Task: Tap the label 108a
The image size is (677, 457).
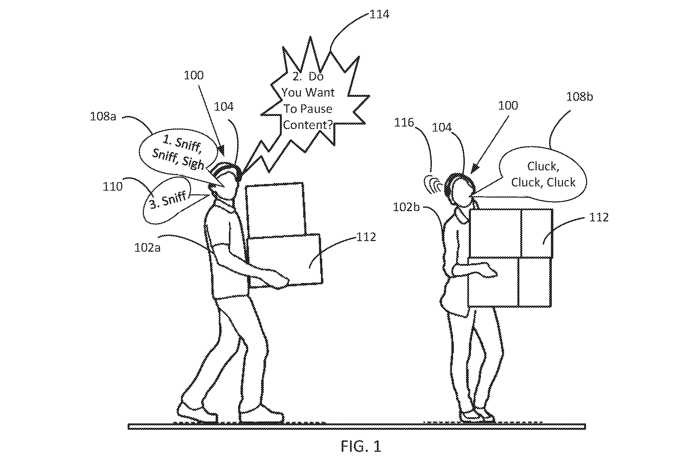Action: point(103,116)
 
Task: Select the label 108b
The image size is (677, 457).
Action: point(579,97)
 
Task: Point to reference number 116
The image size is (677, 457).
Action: point(404,122)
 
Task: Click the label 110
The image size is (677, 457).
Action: point(112,186)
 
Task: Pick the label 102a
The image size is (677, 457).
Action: point(147,248)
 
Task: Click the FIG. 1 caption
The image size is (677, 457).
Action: point(361,446)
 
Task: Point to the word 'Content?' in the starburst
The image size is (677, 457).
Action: point(308,125)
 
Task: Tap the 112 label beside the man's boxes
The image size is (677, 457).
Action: point(366,237)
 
